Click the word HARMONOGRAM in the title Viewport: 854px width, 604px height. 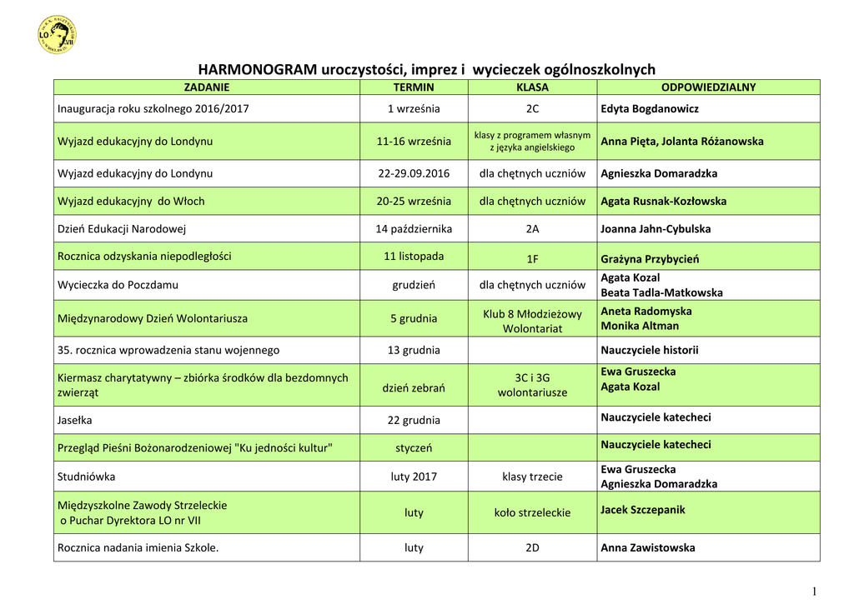(257, 70)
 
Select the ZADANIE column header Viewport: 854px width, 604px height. (206, 87)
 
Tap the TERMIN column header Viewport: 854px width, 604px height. (414, 87)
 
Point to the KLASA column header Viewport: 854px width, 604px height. (532, 87)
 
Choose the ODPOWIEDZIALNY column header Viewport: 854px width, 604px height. (708, 87)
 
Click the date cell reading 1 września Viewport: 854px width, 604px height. (414, 108)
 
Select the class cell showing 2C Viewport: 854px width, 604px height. (532, 108)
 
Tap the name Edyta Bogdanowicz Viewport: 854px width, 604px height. (650, 108)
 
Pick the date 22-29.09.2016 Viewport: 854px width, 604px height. (414, 173)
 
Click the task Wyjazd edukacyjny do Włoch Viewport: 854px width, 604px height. (131, 201)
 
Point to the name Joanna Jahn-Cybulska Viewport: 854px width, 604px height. (656, 228)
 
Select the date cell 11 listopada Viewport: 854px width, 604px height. (414, 256)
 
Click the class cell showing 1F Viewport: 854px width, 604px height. (532, 259)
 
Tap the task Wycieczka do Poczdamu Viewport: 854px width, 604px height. (118, 284)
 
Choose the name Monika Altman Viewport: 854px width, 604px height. (640, 326)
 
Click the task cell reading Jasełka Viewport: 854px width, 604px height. (77, 420)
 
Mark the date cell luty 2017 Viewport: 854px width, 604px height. (414, 477)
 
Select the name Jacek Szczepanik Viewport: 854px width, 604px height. (643, 509)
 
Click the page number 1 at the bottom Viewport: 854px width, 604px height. (814, 591)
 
